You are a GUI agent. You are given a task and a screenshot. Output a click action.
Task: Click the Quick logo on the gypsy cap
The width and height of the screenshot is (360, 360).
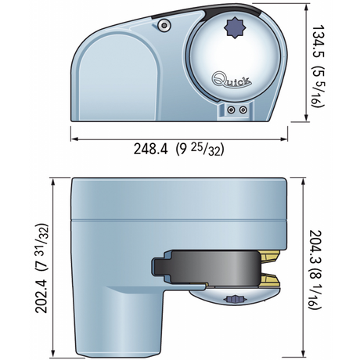click(232, 80)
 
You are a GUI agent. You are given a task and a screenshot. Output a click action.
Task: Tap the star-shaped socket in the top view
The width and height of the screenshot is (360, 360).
click(235, 27)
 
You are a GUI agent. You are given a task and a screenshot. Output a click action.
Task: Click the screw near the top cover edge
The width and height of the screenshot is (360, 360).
click(164, 25)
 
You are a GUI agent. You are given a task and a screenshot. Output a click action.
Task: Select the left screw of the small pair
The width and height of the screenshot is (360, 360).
click(230, 110)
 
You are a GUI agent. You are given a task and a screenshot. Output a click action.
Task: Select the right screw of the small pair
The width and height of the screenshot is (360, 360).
click(243, 110)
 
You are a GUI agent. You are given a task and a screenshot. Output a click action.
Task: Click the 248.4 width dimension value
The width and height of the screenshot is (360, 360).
click(150, 149)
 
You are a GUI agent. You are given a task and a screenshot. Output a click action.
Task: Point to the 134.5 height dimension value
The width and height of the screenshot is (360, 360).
click(318, 41)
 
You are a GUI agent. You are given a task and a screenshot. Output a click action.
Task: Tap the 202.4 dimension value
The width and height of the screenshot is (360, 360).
click(41, 296)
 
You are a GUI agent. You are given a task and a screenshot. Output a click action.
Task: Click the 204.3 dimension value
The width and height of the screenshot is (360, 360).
click(315, 247)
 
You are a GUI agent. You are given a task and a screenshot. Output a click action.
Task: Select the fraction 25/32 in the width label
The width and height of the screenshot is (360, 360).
click(205, 150)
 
